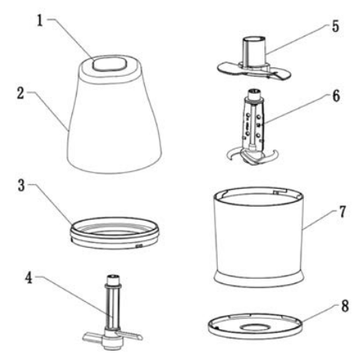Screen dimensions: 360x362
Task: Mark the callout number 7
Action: [336, 226]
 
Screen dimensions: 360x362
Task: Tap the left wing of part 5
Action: [225, 67]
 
